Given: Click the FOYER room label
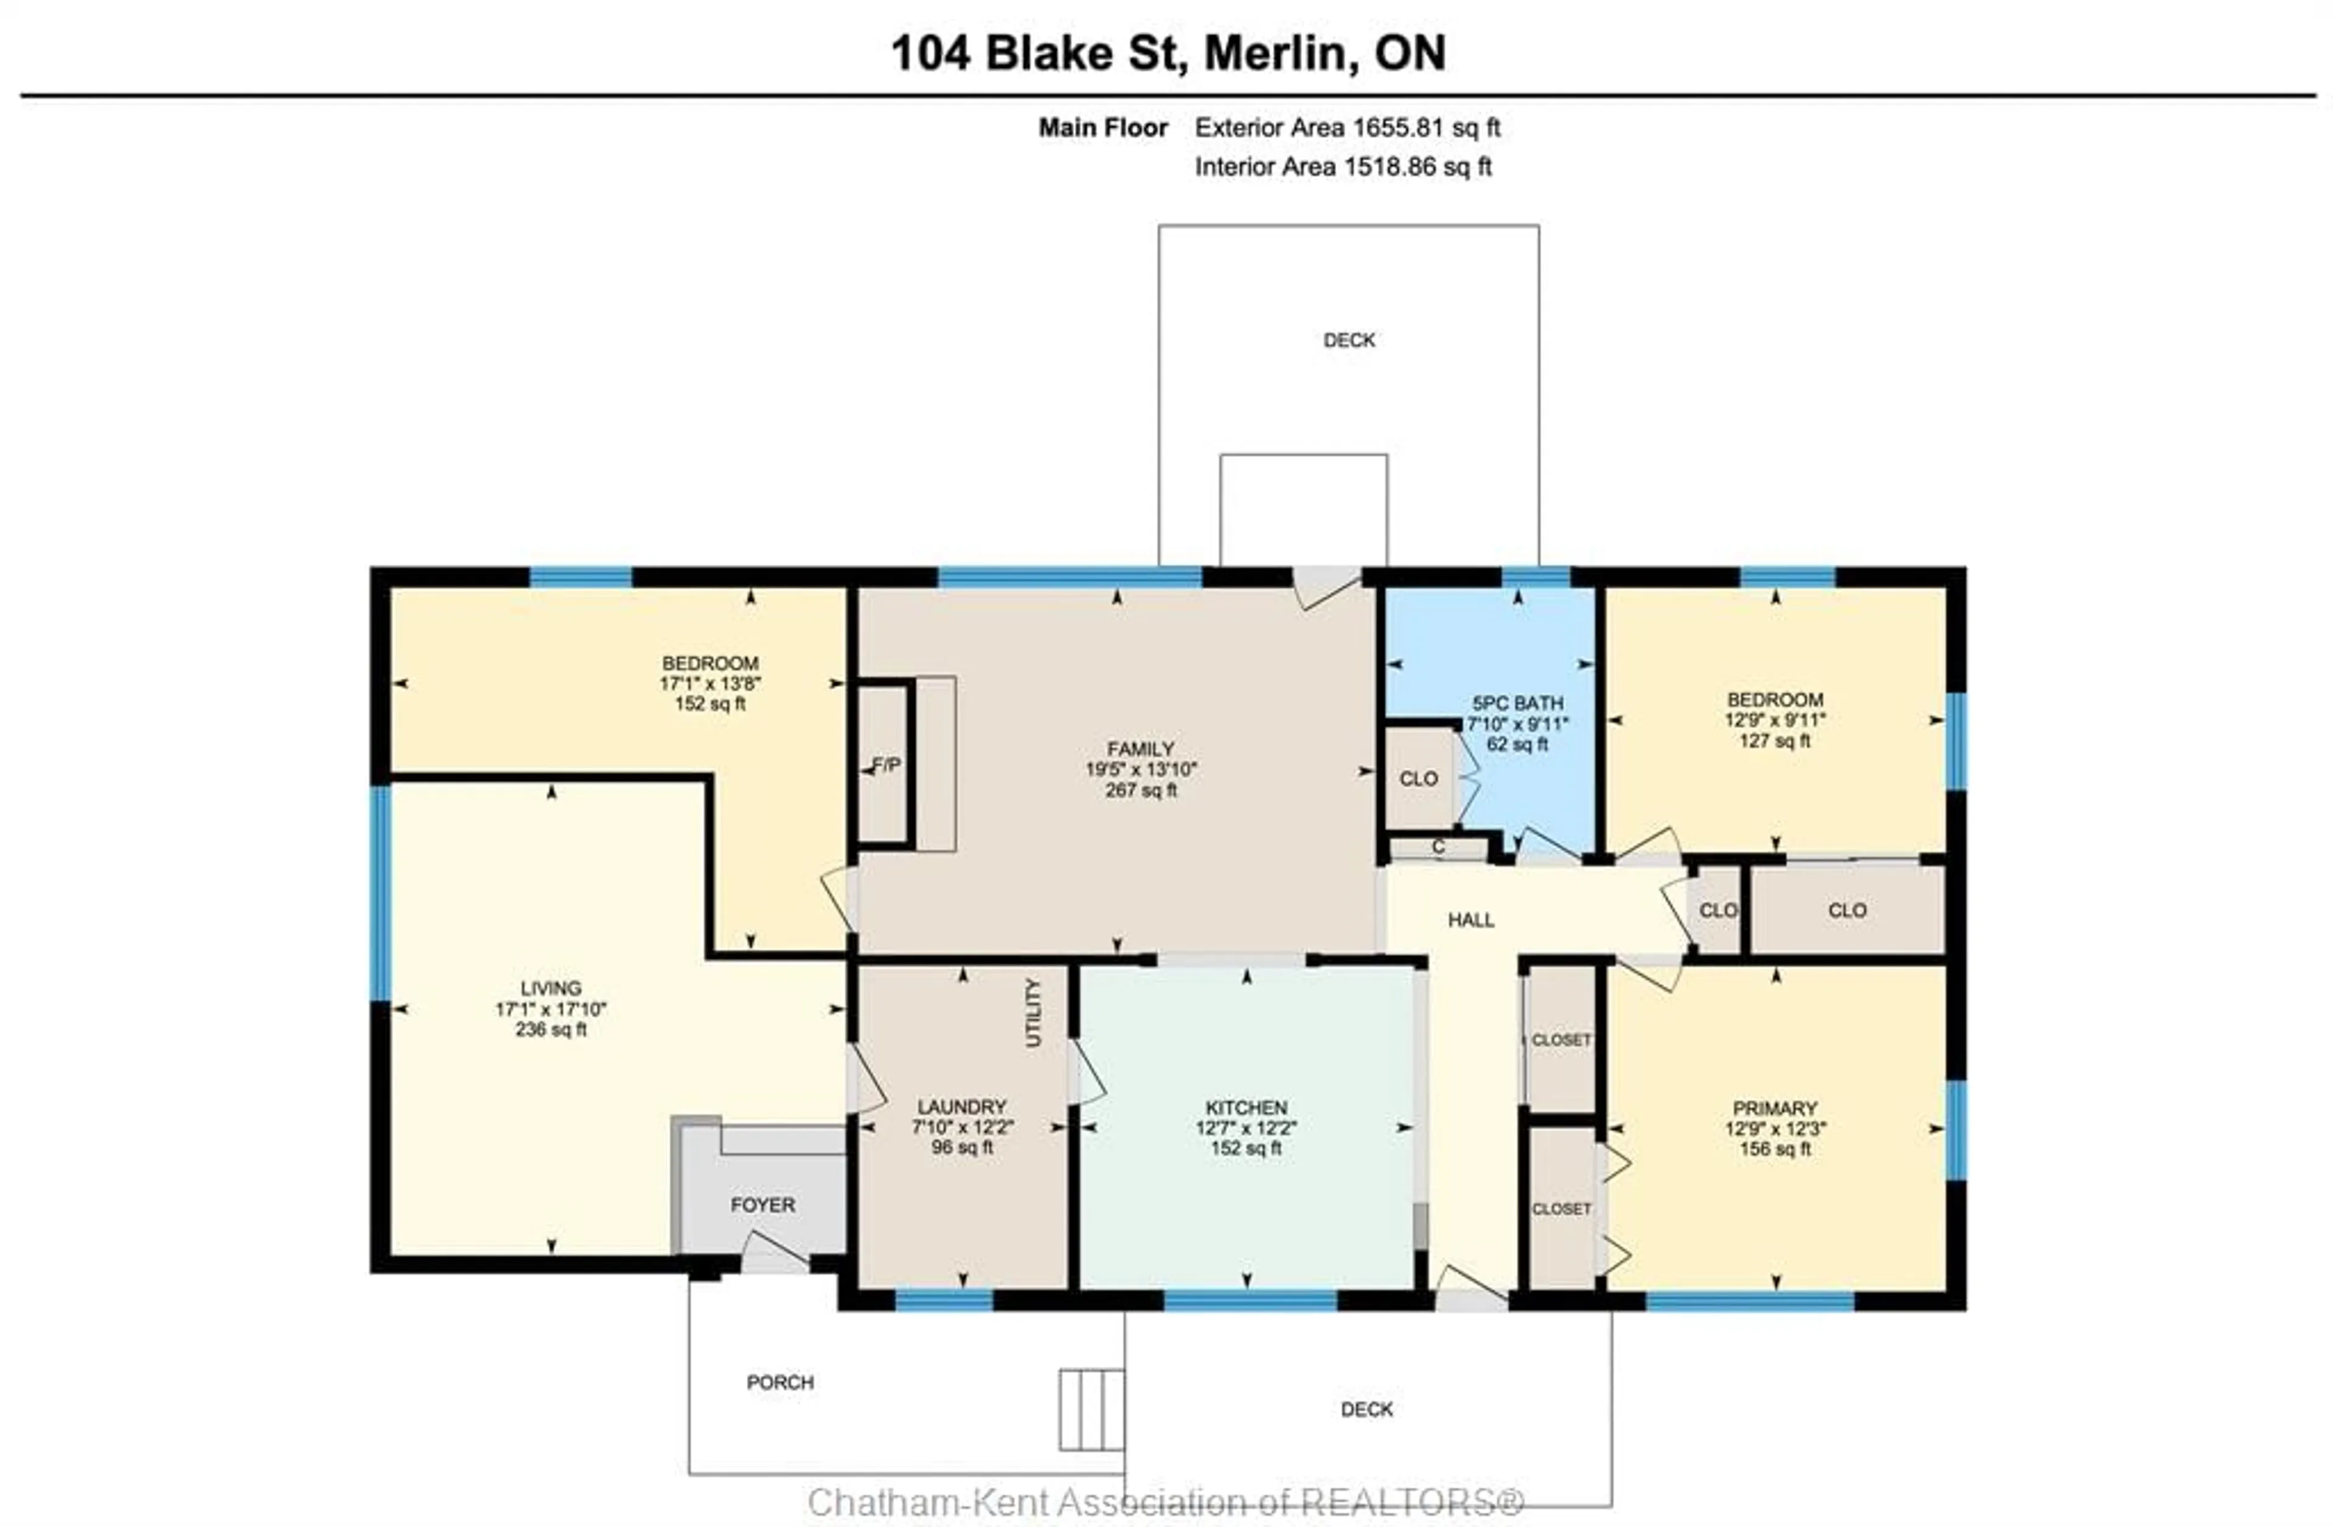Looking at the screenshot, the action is tap(762, 1204).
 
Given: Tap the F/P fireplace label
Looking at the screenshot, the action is tap(886, 764).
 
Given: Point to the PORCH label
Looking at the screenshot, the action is tap(780, 1382).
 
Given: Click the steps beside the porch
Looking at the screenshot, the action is tap(1091, 1409).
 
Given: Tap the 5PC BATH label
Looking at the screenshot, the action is tap(1518, 702).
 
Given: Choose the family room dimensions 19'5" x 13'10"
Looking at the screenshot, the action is tap(1141, 769).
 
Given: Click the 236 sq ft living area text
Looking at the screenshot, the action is tap(551, 1029).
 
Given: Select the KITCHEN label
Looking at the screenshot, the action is tap(1246, 1108).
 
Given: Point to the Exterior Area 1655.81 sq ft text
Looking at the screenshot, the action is tap(1347, 128).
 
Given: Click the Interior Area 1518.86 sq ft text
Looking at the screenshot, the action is tap(1343, 166).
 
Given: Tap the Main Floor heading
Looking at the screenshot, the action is tap(1103, 128).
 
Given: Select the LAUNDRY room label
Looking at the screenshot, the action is tap(962, 1107).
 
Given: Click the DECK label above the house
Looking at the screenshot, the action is tap(1349, 340).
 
